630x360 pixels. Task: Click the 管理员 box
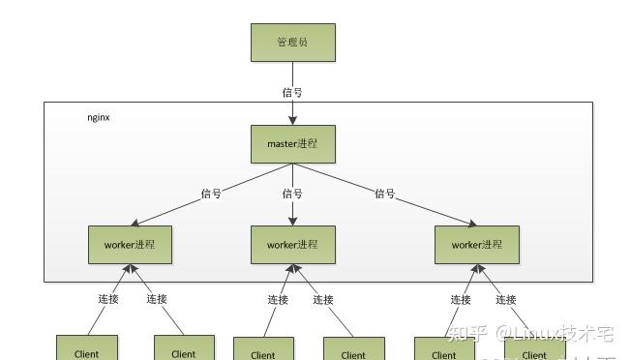coord(292,43)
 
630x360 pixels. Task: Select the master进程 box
coord(292,144)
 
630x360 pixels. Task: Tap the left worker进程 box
coord(130,245)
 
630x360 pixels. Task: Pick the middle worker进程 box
coord(292,245)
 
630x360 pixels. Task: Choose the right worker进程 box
coord(476,245)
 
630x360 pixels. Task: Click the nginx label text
coord(98,116)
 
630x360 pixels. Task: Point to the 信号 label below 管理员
coord(292,93)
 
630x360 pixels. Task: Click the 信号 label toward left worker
coord(211,194)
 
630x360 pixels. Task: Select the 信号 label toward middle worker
coord(292,194)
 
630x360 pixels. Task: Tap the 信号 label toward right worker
coord(385,194)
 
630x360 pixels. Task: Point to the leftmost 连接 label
coord(108,299)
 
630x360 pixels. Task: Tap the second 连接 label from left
coord(157,299)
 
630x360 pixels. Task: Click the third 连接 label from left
coord(278,300)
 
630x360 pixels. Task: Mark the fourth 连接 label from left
coord(322,300)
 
